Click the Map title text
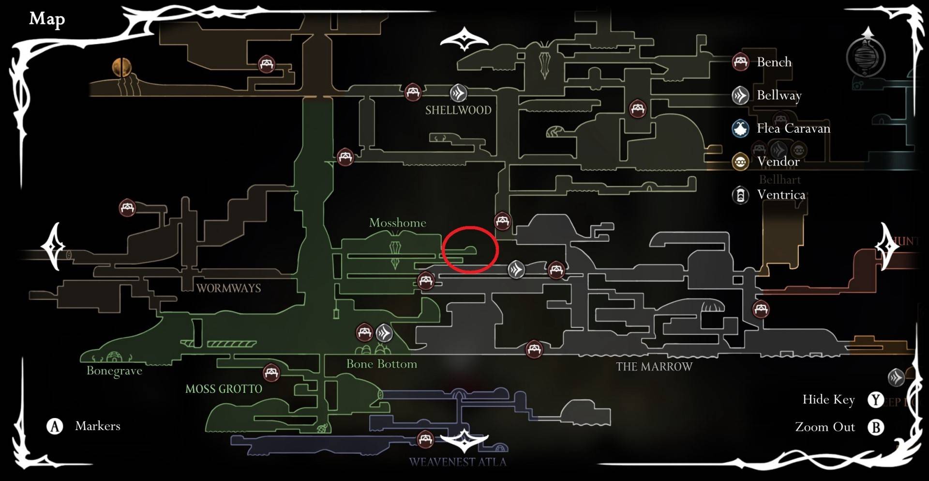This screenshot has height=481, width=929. pyautogui.click(x=47, y=19)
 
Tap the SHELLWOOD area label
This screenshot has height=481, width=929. pyautogui.click(x=458, y=110)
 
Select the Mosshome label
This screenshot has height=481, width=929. pyautogui.click(x=398, y=223)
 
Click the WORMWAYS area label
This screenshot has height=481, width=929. pyautogui.click(x=229, y=288)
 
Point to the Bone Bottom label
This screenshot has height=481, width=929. pyautogui.click(x=381, y=364)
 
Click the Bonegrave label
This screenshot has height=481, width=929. pyautogui.click(x=114, y=371)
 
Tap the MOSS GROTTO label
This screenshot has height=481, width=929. pyautogui.click(x=224, y=389)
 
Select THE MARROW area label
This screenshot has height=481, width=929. pyautogui.click(x=654, y=367)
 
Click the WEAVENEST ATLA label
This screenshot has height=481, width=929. pyautogui.click(x=457, y=462)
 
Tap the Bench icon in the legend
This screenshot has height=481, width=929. pyautogui.click(x=740, y=62)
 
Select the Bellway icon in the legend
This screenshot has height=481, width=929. pyautogui.click(x=740, y=95)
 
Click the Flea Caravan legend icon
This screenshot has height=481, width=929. pyautogui.click(x=740, y=128)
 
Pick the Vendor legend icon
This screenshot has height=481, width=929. pyautogui.click(x=740, y=162)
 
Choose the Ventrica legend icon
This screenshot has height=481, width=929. pyautogui.click(x=740, y=195)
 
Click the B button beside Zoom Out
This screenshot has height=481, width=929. pyautogui.click(x=875, y=427)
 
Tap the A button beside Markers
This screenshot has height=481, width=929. pyautogui.click(x=55, y=426)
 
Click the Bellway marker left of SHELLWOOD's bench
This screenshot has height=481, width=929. pyautogui.click(x=458, y=92)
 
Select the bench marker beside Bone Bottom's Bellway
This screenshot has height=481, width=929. pyautogui.click(x=364, y=332)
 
